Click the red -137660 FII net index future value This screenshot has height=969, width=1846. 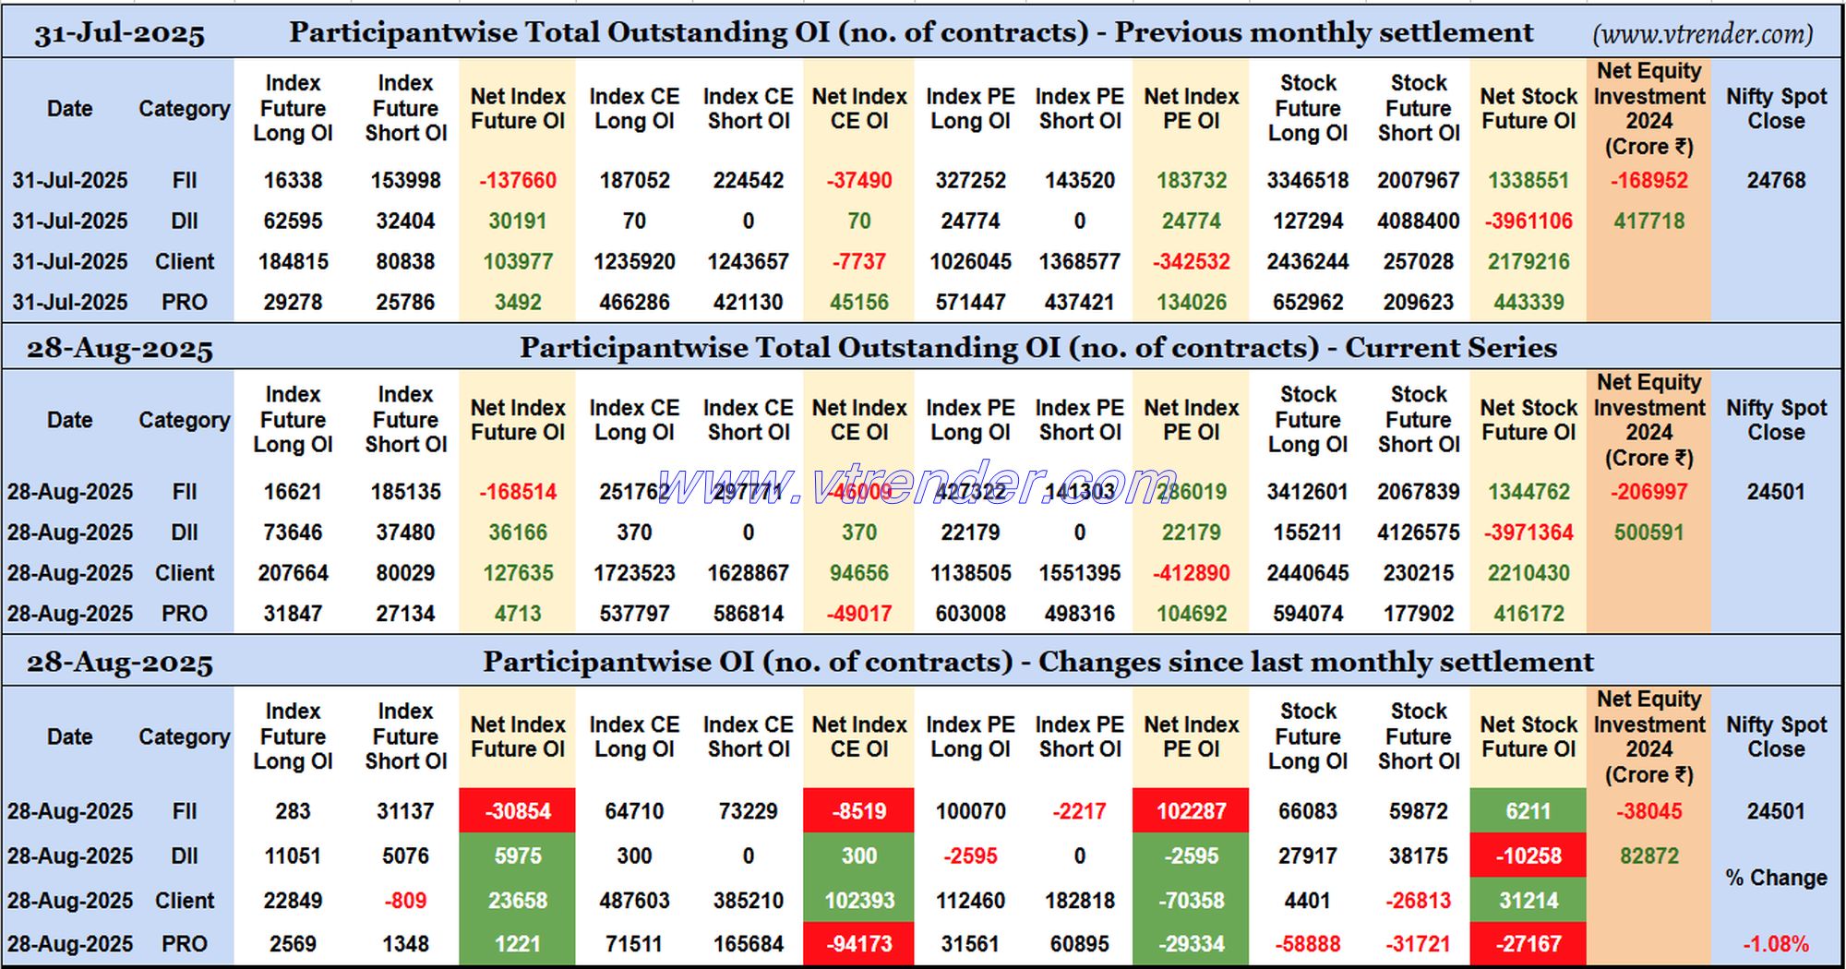[x=518, y=181]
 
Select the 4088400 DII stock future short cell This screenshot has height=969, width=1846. [x=1419, y=221]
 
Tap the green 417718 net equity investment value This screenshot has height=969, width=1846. [x=1648, y=221]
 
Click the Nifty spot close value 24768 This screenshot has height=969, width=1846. [x=1776, y=181]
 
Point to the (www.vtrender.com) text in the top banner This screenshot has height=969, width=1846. [x=1702, y=35]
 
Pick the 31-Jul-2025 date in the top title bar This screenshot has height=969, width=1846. [x=119, y=35]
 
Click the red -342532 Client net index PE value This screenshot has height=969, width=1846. [x=1191, y=262]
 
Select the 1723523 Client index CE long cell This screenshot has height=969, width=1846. [x=634, y=573]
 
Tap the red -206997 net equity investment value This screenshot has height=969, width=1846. [x=1648, y=492]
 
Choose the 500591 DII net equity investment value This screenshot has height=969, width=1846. [x=1648, y=532]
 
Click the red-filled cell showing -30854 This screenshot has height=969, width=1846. [x=518, y=811]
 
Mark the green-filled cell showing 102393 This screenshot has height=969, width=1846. [x=858, y=901]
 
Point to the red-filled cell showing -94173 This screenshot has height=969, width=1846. [x=858, y=944]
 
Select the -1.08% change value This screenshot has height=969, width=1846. [x=1776, y=944]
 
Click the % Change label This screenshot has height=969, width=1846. [x=1776, y=878]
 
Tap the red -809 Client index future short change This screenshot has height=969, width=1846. [x=405, y=901]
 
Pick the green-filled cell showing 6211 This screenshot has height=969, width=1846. [x=1528, y=811]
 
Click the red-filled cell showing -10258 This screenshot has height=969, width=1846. [x=1528, y=856]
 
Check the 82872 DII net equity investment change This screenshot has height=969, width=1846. [x=1648, y=856]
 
